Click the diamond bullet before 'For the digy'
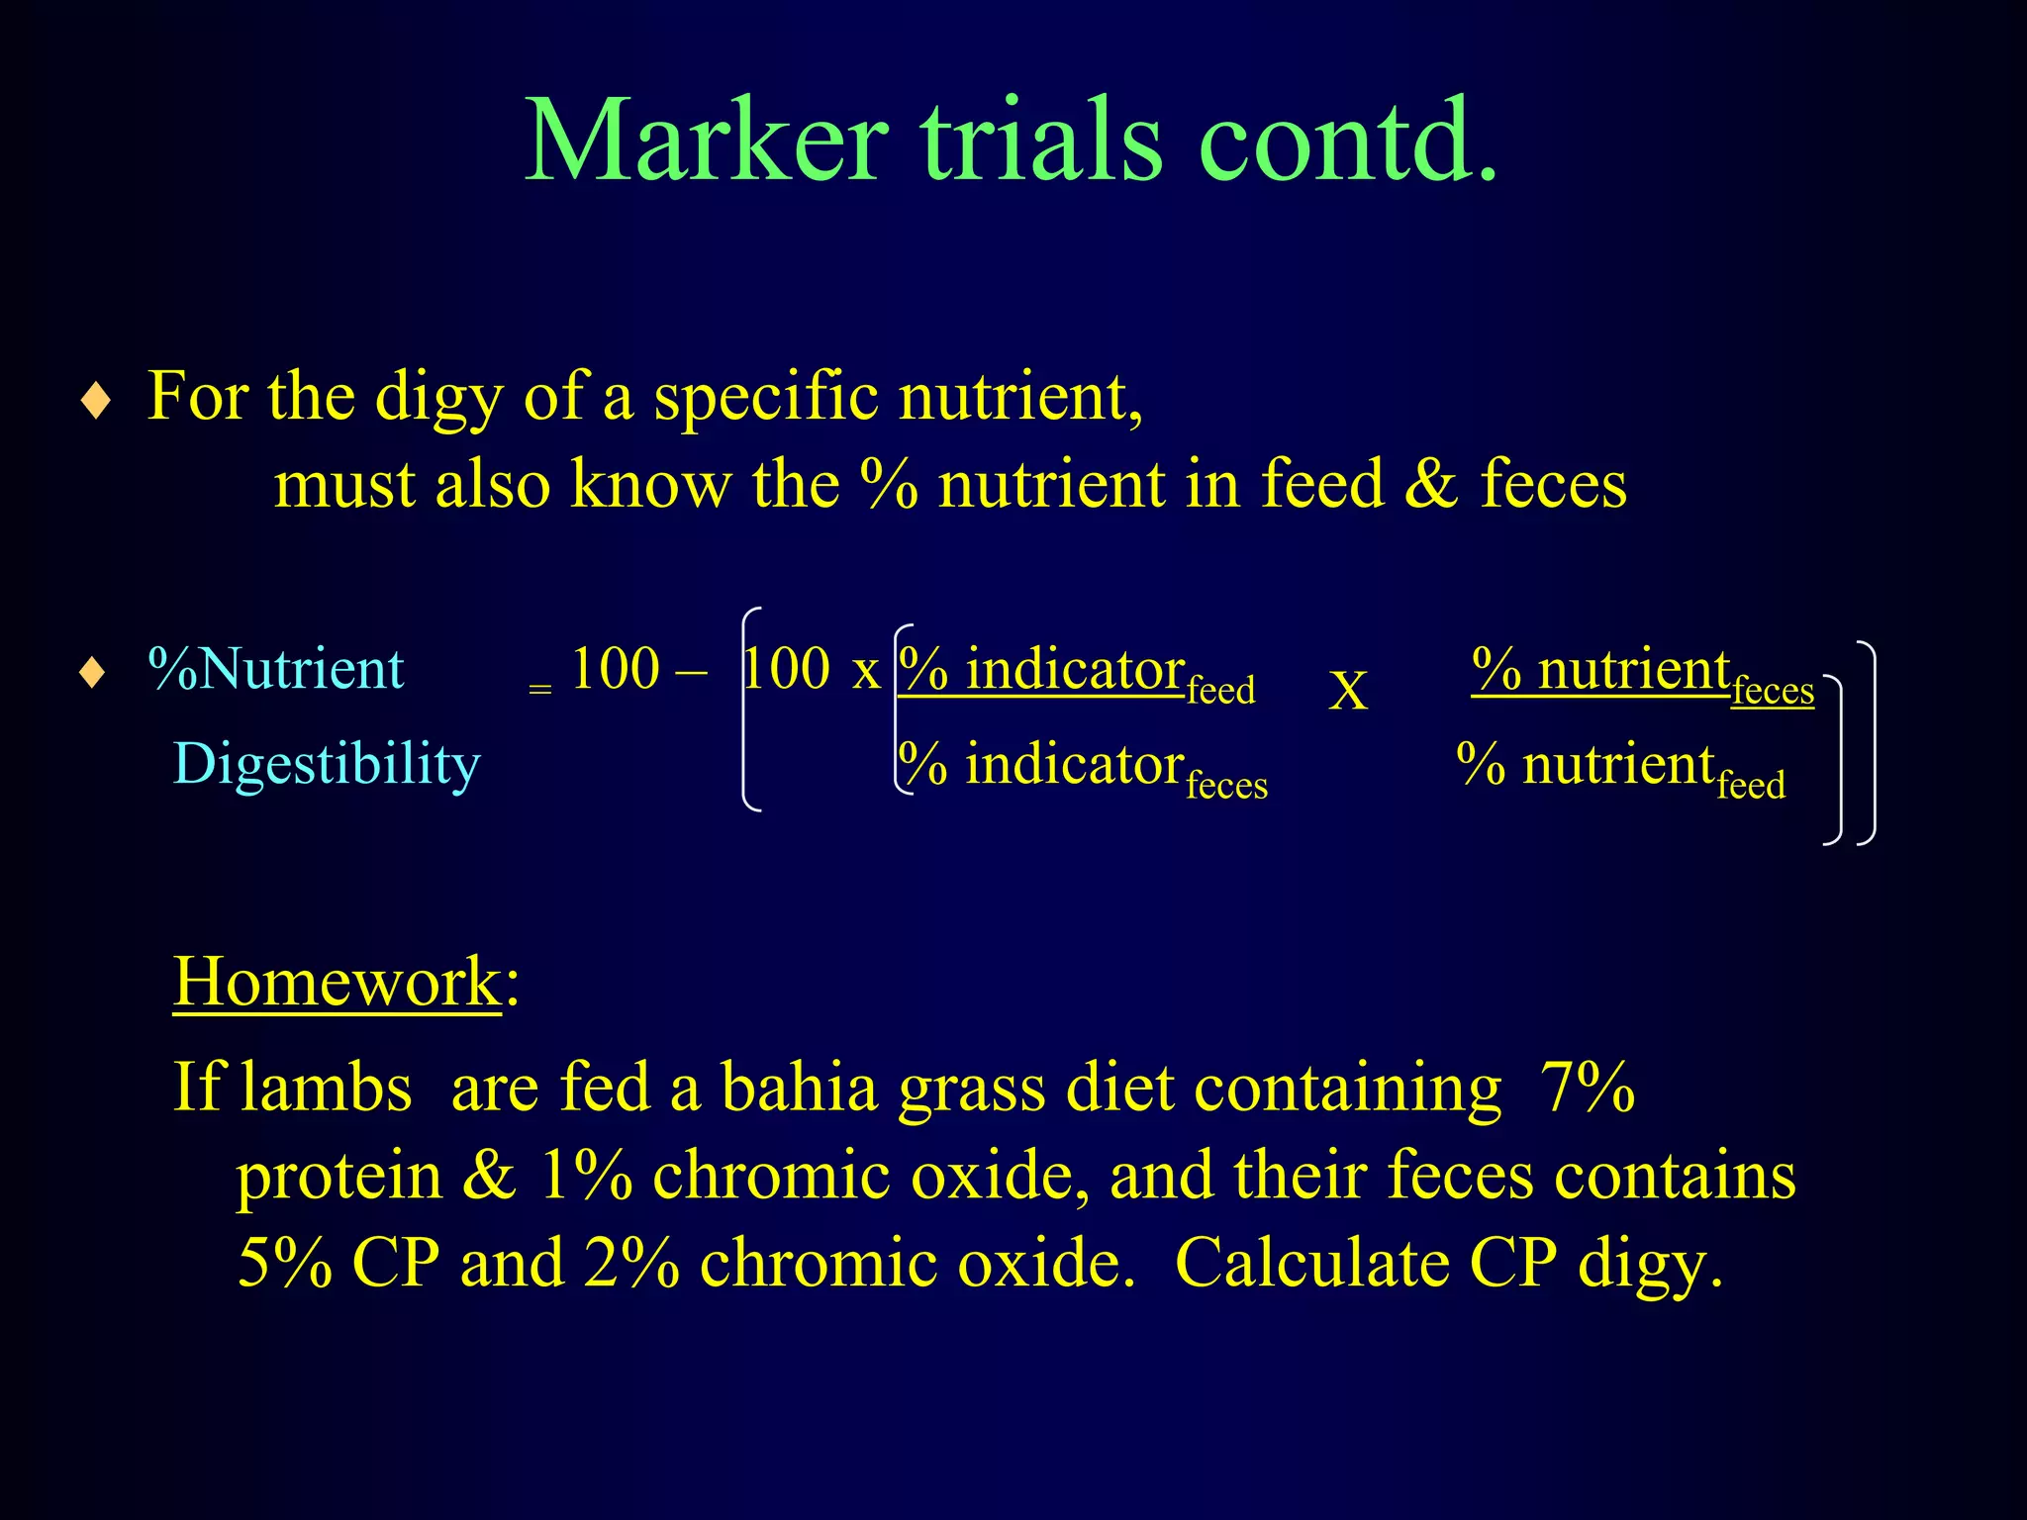(x=95, y=402)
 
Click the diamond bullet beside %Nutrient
(x=93, y=674)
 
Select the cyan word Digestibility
(x=327, y=765)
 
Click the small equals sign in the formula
(x=539, y=689)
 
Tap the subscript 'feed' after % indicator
(x=1221, y=690)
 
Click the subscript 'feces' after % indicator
(x=1226, y=786)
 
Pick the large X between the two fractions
(x=1348, y=691)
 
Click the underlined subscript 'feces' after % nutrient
(x=1773, y=690)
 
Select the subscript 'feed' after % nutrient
(x=1751, y=786)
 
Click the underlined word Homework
(x=338, y=982)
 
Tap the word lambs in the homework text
(x=326, y=1088)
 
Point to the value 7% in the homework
(x=1587, y=1088)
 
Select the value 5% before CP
(x=284, y=1264)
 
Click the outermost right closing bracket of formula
(x=1867, y=742)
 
